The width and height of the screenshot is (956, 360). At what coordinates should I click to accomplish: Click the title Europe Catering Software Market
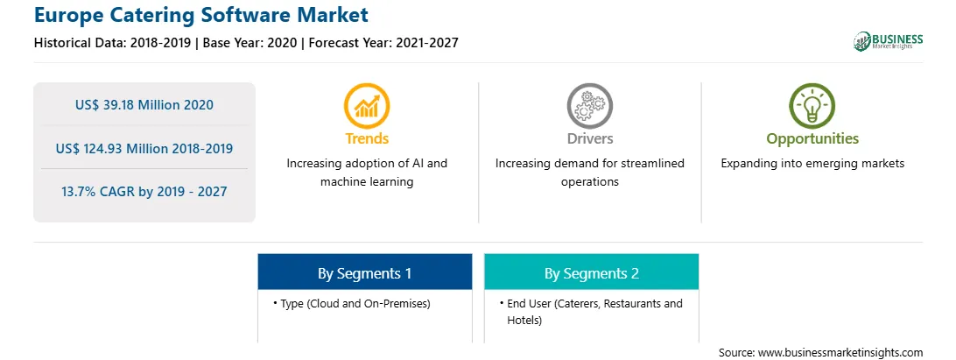coord(201,15)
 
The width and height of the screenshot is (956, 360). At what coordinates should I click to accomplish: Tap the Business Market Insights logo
coord(888,41)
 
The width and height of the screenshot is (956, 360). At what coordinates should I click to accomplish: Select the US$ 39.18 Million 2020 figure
coord(144,105)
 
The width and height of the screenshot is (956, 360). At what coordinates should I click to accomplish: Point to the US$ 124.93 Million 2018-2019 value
coord(144,148)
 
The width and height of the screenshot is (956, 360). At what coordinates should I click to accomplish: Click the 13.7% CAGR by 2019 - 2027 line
coord(144,192)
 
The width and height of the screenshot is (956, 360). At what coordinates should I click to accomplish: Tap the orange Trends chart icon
coord(367,106)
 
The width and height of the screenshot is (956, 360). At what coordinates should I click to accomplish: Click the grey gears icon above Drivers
coord(589,106)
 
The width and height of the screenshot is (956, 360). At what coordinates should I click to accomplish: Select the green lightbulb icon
coord(812,106)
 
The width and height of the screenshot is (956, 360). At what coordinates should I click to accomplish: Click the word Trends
coord(367,138)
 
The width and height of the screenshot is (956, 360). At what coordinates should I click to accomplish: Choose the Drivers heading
coord(589,138)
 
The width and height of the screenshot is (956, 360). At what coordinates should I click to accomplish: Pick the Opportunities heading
coord(812,138)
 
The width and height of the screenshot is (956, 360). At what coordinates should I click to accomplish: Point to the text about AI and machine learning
coord(367,173)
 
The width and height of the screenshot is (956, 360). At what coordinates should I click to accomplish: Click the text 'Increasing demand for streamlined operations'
coord(589,173)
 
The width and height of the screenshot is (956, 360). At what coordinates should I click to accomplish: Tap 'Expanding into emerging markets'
coord(812,164)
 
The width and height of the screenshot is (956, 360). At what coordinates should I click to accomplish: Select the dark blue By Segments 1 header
coord(364,272)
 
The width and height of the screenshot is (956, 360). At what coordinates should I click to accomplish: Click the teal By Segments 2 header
coord(592,272)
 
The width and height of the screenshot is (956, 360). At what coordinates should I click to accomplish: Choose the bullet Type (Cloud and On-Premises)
coord(352,304)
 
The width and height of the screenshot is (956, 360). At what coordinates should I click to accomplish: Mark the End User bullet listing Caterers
coord(591,312)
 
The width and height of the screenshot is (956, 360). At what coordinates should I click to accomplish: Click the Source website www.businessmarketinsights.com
coord(820,353)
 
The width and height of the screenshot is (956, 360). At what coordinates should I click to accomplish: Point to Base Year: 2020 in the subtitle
coord(250,43)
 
